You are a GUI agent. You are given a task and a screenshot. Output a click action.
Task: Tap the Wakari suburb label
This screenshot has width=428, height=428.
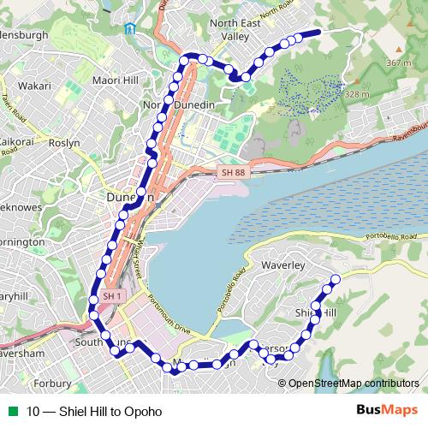pyautogui.click(x=34, y=86)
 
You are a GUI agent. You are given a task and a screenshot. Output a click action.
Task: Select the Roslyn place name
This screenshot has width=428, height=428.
pyautogui.click(x=65, y=143)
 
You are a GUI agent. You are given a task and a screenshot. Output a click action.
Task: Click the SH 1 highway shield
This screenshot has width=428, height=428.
pyautogui.click(x=111, y=296)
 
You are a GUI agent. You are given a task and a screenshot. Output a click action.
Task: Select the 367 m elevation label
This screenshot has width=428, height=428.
pyautogui.click(x=398, y=62)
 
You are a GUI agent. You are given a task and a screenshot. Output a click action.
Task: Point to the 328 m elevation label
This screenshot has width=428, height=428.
pyautogui.click(x=356, y=93)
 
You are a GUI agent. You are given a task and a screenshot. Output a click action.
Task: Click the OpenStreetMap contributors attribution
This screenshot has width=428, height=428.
pyautogui.click(x=353, y=383)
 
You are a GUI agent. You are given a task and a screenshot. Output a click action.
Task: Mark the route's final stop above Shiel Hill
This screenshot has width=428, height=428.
pyautogui.click(x=335, y=280)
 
